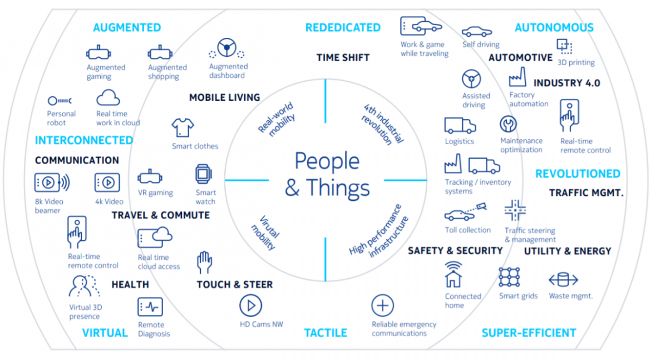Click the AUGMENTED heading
click(x=127, y=27)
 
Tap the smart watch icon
click(x=204, y=174)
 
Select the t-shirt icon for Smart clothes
click(x=183, y=127)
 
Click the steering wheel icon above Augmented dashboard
click(x=226, y=48)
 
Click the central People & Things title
click(x=327, y=175)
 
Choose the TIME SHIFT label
click(x=343, y=57)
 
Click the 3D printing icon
click(x=564, y=46)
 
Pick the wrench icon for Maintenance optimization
click(x=507, y=124)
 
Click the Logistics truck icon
click(x=460, y=126)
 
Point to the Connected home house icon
click(x=453, y=274)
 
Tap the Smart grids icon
click(x=509, y=277)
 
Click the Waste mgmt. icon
click(x=564, y=279)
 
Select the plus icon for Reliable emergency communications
click(x=382, y=305)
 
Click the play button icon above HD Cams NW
click(x=250, y=305)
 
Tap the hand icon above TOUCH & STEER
click(x=204, y=262)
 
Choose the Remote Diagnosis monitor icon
click(x=150, y=307)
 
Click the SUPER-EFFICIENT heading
click(x=529, y=333)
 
